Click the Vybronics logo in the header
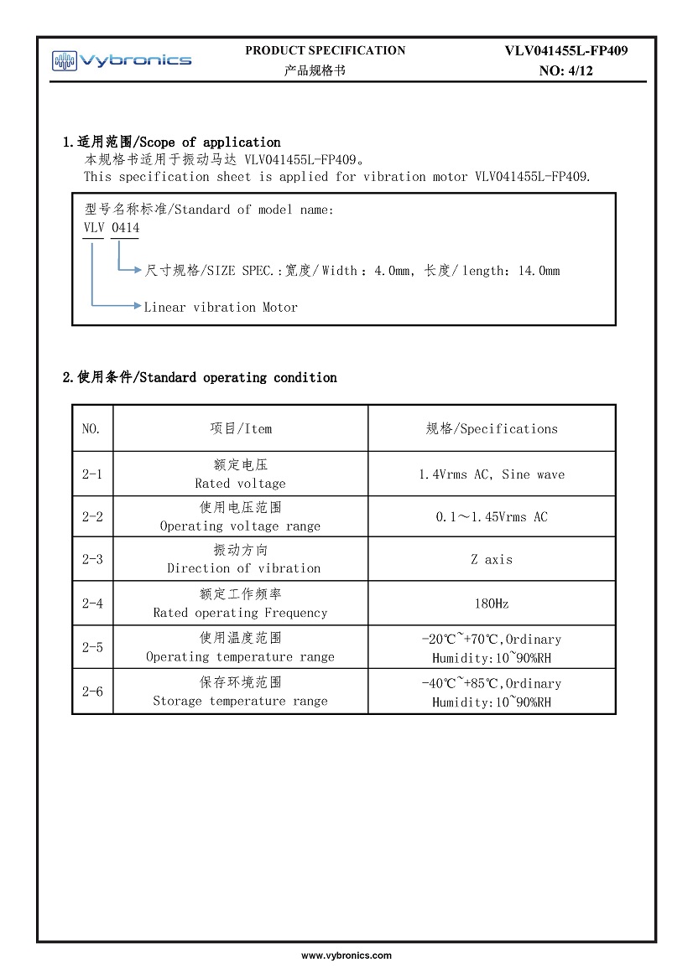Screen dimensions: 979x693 (x=122, y=60)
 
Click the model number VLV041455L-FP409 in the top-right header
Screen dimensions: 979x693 (x=565, y=50)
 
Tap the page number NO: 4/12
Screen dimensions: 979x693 (x=565, y=70)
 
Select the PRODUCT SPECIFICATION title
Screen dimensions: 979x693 (x=325, y=50)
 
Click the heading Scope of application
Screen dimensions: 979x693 (x=172, y=142)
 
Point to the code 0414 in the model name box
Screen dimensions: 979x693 (x=125, y=228)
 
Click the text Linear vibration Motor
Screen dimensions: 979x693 (x=221, y=308)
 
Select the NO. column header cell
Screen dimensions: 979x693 (x=91, y=429)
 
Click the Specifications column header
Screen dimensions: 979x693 (x=492, y=429)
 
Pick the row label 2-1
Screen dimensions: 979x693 (x=92, y=474)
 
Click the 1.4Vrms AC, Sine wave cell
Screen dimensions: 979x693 (x=492, y=474)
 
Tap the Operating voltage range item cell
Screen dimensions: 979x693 (x=241, y=517)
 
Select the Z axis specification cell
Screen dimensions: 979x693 (x=492, y=560)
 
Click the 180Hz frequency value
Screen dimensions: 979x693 (x=492, y=603)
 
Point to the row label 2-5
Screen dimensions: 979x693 (x=92, y=647)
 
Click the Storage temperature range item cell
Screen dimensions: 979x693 (x=241, y=692)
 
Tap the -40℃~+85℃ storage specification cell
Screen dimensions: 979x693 (x=492, y=692)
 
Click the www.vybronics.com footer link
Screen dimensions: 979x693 (x=346, y=956)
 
